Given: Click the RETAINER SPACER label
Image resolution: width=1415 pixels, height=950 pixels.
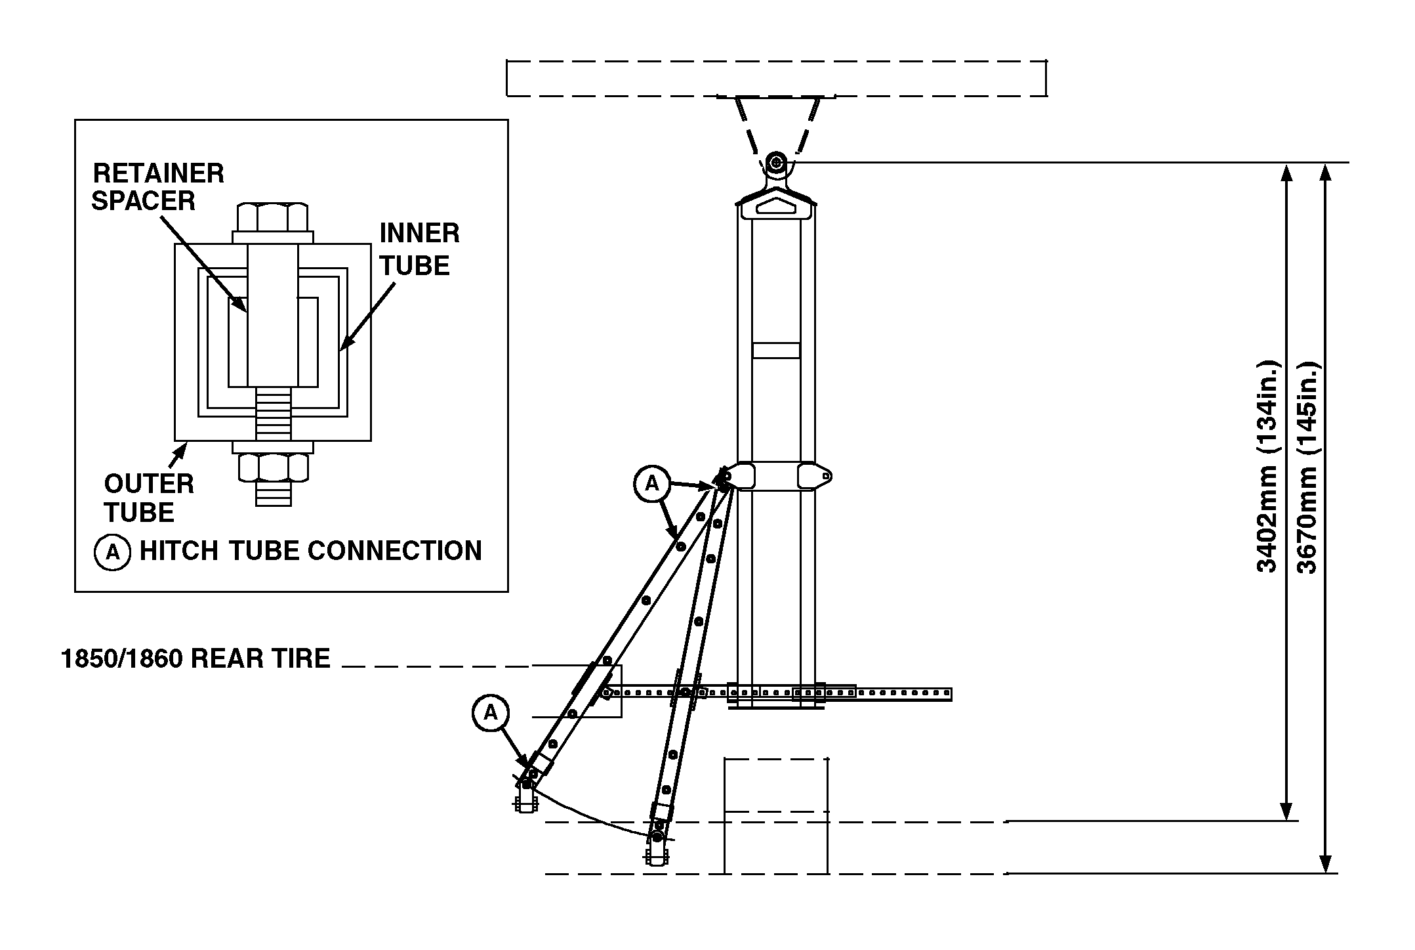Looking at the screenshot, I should (x=157, y=186).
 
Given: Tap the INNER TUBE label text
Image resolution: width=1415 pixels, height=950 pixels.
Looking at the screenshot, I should (x=419, y=249).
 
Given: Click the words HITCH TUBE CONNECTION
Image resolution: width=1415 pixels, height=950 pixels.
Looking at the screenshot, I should (x=310, y=551).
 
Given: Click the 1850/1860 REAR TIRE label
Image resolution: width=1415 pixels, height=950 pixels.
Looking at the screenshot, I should (x=195, y=659).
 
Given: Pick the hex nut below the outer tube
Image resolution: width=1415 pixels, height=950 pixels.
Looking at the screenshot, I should (x=273, y=467).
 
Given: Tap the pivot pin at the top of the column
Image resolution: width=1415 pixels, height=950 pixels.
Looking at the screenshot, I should (x=776, y=162).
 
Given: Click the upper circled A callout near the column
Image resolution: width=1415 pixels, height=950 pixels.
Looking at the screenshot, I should (x=651, y=484).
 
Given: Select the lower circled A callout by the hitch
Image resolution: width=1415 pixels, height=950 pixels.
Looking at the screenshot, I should (x=491, y=712).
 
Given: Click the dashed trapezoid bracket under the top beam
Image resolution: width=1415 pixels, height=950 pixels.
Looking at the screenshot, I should (x=776, y=125).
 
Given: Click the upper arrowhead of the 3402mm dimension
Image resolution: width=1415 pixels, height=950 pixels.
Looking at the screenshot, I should (x=1286, y=172).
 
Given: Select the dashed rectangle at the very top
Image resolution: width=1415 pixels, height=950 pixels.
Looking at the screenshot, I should (x=776, y=79).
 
